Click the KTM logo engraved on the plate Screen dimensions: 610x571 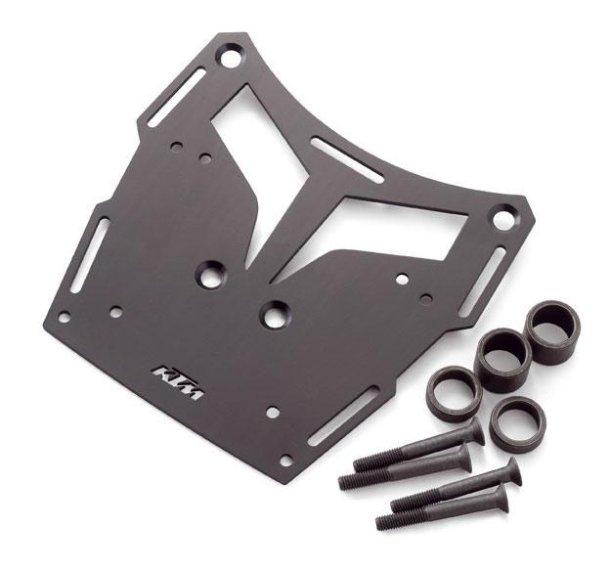[178, 382]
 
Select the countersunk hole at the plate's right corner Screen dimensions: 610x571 [503, 218]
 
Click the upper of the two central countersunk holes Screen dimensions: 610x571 [211, 275]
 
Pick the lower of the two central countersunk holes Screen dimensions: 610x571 [276, 315]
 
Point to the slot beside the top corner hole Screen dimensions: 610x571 [177, 98]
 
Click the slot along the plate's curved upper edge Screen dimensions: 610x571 [347, 159]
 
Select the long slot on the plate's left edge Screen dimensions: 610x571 [90, 255]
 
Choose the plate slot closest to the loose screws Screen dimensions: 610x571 [343, 416]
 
